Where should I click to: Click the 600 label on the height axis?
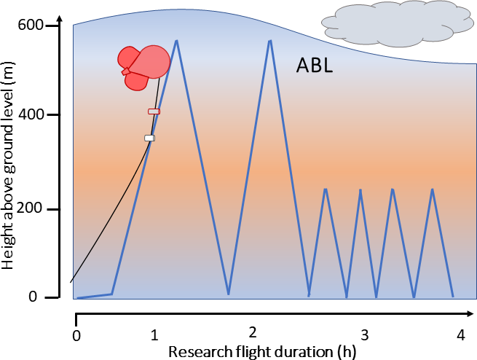[31, 25]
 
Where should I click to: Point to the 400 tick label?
[31, 114]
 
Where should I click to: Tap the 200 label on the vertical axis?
[29, 208]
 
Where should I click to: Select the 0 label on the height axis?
[33, 296]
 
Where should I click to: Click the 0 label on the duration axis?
[76, 336]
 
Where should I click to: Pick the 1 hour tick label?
[154, 335]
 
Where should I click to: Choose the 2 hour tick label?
[253, 332]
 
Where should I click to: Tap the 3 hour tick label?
[364, 335]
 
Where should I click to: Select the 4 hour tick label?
[461, 335]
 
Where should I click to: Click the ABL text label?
[315, 66]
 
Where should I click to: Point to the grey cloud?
[398, 24]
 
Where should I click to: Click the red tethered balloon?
[143, 67]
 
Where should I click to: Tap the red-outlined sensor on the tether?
[154, 111]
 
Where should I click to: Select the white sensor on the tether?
[150, 138]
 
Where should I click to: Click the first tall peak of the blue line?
[176, 40]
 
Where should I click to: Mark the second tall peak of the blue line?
[270, 40]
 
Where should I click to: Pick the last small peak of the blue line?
[433, 189]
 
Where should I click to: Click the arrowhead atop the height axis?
[60, 19]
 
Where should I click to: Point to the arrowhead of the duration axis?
[470, 314]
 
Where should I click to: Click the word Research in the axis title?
[200, 352]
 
